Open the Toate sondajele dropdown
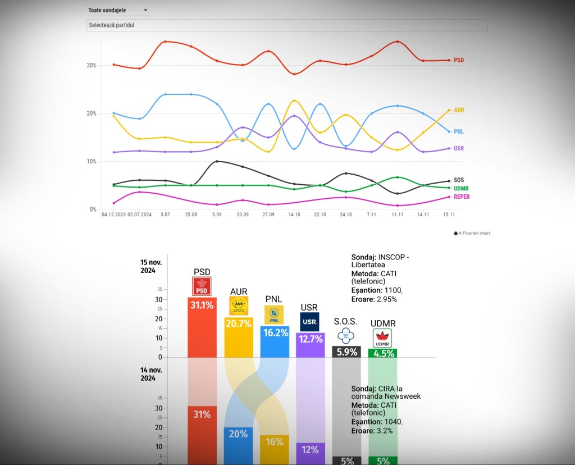[x=118, y=10]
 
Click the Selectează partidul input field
[x=287, y=25]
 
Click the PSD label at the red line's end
[x=459, y=60]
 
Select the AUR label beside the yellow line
[x=459, y=110]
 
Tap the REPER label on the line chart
[x=462, y=197]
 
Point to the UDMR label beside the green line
[x=461, y=189]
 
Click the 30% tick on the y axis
[x=92, y=65]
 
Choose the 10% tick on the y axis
[x=92, y=162]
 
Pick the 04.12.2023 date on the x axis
[x=113, y=215]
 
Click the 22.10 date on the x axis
[x=320, y=215]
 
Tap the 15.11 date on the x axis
[x=449, y=215]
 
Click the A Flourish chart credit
[x=472, y=233]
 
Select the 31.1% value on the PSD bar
[x=202, y=306]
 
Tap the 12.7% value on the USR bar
[x=310, y=340]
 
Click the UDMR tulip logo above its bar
[x=382, y=338]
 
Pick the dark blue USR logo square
[x=309, y=322]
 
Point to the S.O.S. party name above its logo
[x=345, y=321]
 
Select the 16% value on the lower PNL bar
[x=275, y=442]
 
